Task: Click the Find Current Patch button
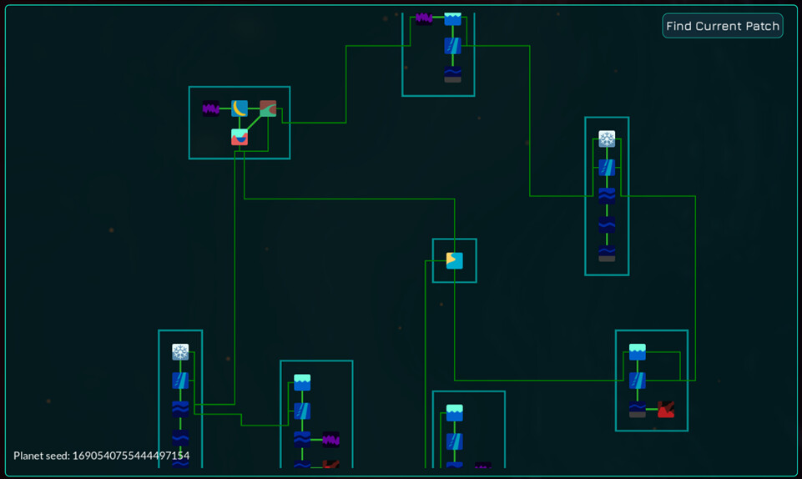coord(723,26)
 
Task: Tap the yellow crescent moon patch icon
coord(240,108)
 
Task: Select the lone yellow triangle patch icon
coord(454,260)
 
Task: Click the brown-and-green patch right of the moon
coord(268,108)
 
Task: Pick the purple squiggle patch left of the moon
coord(211,108)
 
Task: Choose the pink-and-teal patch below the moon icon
coord(240,137)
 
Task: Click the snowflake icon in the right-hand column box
coord(607,139)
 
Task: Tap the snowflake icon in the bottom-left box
coord(180,352)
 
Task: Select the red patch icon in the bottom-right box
coord(665,409)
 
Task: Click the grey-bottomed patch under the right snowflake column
coord(607,253)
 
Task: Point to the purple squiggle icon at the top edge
coord(424,18)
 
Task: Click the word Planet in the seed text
coord(30,456)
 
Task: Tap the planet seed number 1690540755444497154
coord(131,456)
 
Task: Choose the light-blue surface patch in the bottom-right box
coord(638,352)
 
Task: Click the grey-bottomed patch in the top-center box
coord(452,74)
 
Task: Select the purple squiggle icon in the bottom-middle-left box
coord(330,439)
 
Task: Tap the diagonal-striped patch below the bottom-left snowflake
coord(180,381)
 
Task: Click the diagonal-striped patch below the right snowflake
coord(607,167)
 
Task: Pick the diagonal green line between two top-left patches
coord(254,123)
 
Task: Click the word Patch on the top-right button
coord(763,26)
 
